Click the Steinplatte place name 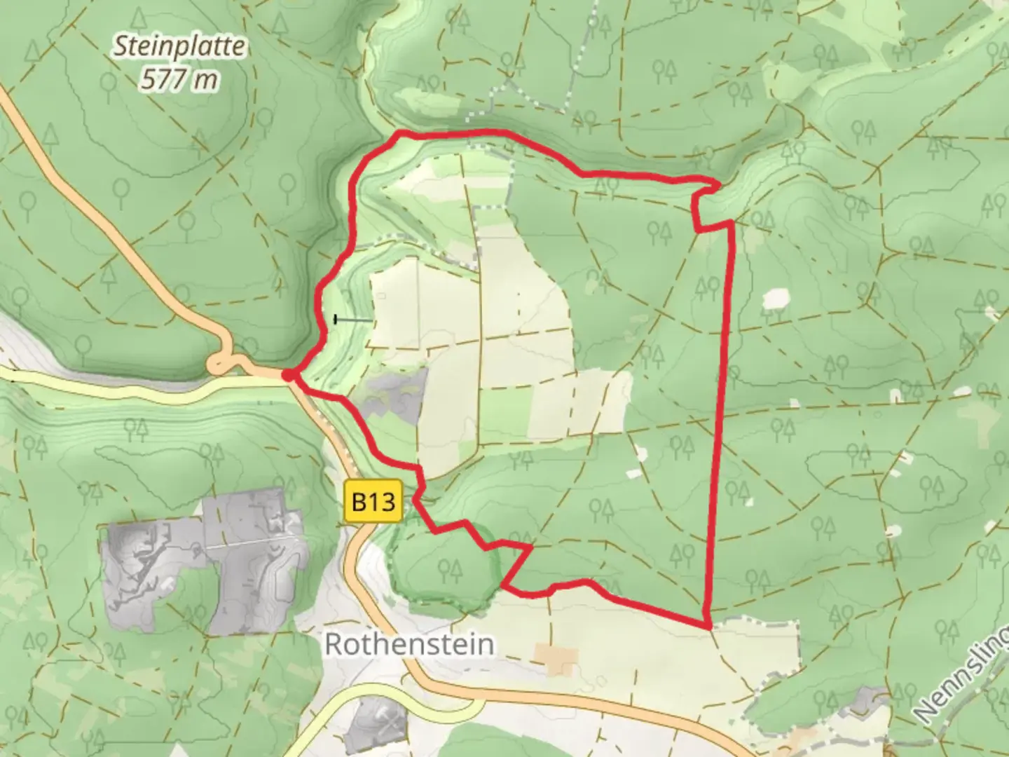coord(180,47)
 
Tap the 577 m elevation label coord(180,79)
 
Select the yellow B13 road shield coord(373,501)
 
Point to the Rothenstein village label coord(409,644)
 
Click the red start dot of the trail coord(288,376)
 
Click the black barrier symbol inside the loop coord(337,320)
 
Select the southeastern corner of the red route coord(708,625)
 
